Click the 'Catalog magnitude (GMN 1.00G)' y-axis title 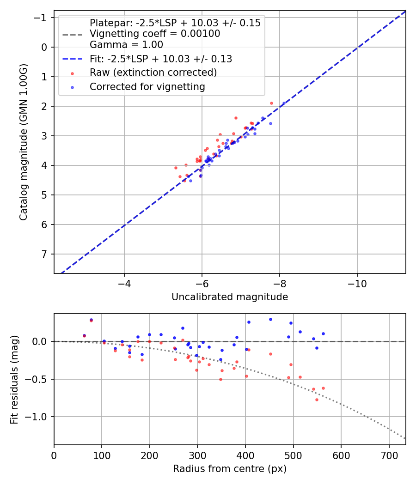coord(24,142)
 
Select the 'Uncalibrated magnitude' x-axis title coord(230,297)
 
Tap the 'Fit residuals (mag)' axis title coord(14,379)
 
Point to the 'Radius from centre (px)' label coord(230,469)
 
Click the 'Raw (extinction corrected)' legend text coord(153,73)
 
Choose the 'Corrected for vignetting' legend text coord(147,86)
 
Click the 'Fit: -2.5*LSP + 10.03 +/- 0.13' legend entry coord(161,59)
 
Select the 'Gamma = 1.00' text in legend coord(126,45)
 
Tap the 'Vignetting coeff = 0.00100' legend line coord(155,34)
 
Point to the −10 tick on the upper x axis coord(357,283)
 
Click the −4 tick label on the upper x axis coord(124,283)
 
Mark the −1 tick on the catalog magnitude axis coord(42,18)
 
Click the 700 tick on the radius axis coord(389,455)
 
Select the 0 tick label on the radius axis coord(54,455)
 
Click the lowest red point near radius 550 coord(317,400)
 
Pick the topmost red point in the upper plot coord(271,103)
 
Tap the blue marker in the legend coord(72,87)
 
